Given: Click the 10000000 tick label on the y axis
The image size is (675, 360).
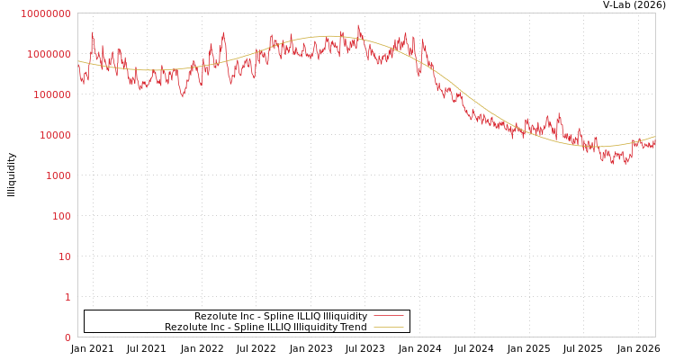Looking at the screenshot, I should pyautogui.click(x=45, y=13).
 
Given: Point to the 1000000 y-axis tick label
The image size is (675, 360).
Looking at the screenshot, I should pyautogui.click(x=49, y=54).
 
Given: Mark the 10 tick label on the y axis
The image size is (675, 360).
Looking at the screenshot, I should pyautogui.click(x=64, y=256).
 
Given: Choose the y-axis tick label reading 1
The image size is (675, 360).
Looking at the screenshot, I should pyautogui.click(x=67, y=297).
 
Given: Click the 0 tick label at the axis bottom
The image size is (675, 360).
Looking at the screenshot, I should pyautogui.click(x=67, y=337).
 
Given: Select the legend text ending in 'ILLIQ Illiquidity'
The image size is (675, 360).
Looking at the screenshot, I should pyautogui.click(x=281, y=317).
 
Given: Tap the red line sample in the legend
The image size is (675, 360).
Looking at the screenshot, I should pyautogui.click(x=388, y=317).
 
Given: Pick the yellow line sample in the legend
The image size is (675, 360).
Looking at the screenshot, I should pyautogui.click(x=388, y=328).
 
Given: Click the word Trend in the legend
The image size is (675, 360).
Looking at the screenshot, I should pyautogui.click(x=353, y=328).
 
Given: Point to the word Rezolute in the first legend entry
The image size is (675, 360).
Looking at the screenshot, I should pyautogui.click(x=213, y=317).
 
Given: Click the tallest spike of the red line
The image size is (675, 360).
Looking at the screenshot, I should pyautogui.click(x=357, y=25).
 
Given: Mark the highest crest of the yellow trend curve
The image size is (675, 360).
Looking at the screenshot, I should pyautogui.click(x=328, y=37).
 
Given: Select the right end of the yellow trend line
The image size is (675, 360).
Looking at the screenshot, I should pyautogui.click(x=654, y=137).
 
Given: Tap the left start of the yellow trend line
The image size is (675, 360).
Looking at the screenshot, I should pyautogui.click(x=78, y=61).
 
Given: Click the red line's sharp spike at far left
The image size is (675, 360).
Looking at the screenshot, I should pyautogui.click(x=92, y=33).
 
